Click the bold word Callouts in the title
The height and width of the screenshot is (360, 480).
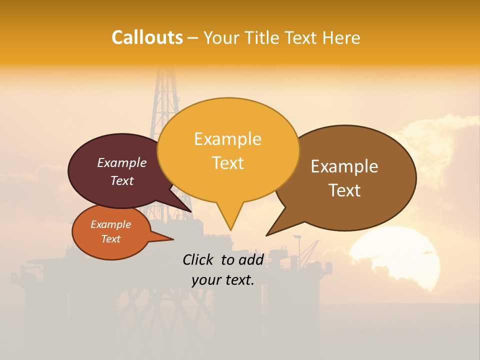147,37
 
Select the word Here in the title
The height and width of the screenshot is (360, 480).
342,37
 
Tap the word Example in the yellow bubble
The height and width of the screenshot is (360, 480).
227,139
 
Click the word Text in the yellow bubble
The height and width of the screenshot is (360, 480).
227,163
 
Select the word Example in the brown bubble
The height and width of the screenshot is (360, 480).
344,166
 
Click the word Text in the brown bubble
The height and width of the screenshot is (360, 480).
344,190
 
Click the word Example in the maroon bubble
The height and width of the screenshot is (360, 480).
121,163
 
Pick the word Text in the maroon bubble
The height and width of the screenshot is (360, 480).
121,180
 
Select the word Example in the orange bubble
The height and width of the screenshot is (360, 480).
110,224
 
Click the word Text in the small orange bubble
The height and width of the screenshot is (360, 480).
110,239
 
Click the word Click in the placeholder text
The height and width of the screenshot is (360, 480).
199,259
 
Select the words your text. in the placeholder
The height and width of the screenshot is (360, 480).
223,280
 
